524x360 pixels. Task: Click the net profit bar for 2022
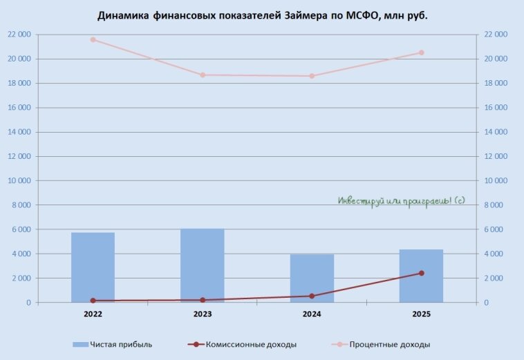coord(93,267)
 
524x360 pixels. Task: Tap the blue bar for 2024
coord(312,278)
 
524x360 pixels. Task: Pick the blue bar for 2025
coord(421,276)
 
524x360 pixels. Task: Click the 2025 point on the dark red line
coord(421,273)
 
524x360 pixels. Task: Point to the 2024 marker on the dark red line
coord(312,296)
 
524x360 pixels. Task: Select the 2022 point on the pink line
coord(93,39)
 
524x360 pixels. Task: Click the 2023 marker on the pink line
coord(203,75)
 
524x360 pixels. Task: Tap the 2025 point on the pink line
coord(421,53)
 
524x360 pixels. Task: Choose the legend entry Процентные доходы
coord(390,344)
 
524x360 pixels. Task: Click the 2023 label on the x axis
coord(203,314)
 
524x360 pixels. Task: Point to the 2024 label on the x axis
coord(312,314)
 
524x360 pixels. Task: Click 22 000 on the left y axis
coord(19,35)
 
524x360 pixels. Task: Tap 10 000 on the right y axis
coord(495,181)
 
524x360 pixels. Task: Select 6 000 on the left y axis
coord(21,229)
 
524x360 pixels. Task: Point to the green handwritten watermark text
coord(401,200)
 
